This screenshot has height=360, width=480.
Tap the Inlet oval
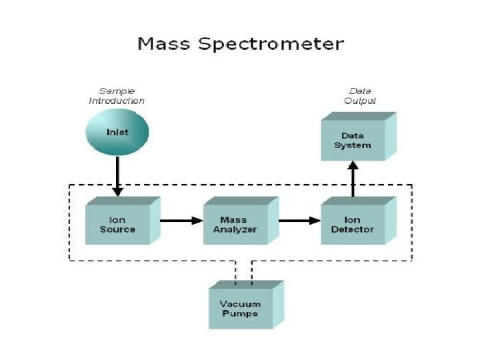(117, 132)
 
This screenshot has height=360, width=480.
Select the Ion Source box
(118, 224)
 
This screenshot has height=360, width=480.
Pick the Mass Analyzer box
(235, 225)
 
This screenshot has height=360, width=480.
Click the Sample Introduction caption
(117, 96)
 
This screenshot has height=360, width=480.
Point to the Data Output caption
(360, 96)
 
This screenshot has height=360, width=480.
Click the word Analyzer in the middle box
(235, 229)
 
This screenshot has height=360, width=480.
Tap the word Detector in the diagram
(353, 229)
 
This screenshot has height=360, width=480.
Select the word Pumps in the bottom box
(239, 313)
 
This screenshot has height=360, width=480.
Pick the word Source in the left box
(118, 229)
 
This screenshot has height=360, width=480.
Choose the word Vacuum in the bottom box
(239, 304)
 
